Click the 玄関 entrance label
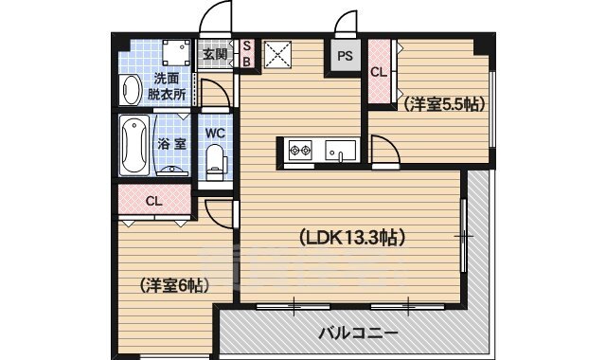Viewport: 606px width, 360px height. [214, 54]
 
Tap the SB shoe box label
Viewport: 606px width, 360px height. [247, 54]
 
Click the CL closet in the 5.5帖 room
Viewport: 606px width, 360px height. [379, 72]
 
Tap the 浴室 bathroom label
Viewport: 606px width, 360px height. [171, 144]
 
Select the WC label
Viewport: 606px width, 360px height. [214, 134]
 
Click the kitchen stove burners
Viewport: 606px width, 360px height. [301, 151]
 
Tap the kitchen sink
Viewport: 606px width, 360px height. [339, 151]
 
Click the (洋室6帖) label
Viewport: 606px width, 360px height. [174, 284]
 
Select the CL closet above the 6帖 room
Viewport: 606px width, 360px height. [153, 201]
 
